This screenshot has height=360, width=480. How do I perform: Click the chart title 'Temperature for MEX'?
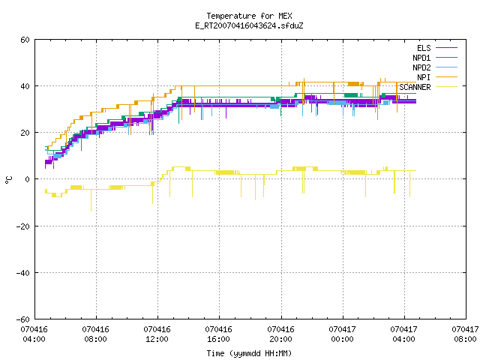249,16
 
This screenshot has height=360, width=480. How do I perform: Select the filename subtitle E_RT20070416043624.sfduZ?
249,25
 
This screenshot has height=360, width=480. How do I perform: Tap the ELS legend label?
424,48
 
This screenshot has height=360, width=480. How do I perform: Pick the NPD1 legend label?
421,58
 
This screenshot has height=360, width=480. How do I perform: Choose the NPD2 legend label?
421,67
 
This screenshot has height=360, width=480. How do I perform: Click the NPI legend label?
424,77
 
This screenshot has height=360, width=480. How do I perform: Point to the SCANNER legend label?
415,87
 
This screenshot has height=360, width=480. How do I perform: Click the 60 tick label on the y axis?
25,40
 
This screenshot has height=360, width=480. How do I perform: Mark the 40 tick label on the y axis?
25,86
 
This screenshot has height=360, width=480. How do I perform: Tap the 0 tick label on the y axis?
28,179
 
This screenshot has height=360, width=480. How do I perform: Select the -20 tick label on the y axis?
23,226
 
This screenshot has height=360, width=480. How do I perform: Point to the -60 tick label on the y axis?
23,319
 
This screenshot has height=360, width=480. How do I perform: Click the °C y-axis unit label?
8,180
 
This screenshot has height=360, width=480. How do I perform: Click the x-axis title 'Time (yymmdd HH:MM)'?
249,353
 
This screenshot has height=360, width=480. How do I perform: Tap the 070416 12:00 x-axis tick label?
157,334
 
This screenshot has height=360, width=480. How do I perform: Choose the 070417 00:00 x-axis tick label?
342,334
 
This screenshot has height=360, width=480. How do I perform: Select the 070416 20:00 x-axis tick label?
280,334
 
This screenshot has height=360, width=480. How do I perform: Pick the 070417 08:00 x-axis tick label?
465,334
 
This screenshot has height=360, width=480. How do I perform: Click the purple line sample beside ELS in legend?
446,48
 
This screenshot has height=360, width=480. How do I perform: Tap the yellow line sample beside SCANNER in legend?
446,87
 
